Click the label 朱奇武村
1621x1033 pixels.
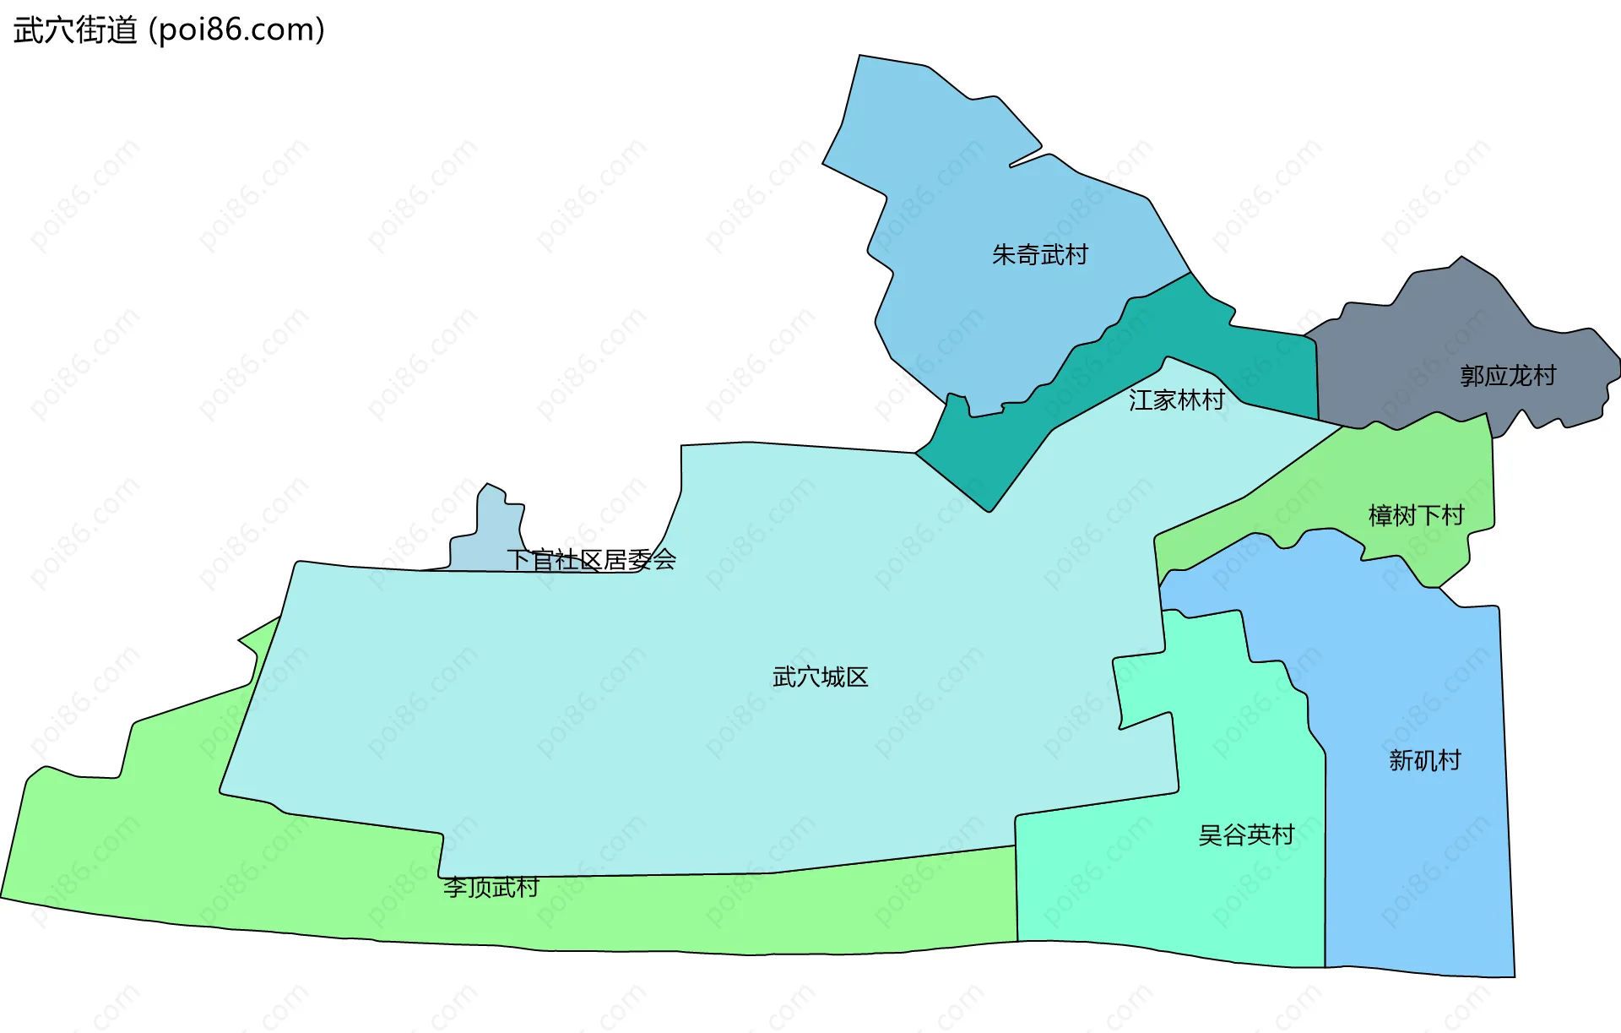click(x=1040, y=254)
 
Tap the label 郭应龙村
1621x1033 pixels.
click(x=1508, y=376)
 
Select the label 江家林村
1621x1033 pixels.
click(x=1176, y=400)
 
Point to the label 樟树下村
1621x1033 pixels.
click(x=1416, y=515)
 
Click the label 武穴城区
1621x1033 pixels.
click(x=820, y=677)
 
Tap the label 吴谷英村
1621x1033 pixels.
click(x=1246, y=835)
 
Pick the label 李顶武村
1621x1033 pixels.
click(x=491, y=888)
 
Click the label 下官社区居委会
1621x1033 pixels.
click(x=591, y=559)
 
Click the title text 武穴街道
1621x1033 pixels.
click(x=75, y=30)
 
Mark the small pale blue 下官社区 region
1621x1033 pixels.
click(x=494, y=532)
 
